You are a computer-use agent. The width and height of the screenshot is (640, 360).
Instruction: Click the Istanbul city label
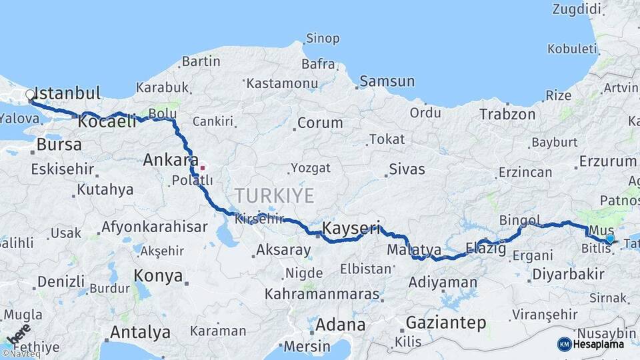[67, 93]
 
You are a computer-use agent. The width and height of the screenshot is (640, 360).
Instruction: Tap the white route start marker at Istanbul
[29, 95]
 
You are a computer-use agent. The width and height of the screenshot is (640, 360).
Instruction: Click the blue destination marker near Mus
[610, 239]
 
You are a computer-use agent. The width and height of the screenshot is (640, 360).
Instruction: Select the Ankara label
[165, 159]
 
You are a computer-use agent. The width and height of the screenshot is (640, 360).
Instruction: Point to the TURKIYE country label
[273, 195]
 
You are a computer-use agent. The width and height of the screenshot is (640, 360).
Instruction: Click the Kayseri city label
[351, 229]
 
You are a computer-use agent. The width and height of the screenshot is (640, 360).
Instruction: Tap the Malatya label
[414, 250]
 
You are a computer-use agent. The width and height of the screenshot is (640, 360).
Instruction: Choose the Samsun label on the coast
[387, 82]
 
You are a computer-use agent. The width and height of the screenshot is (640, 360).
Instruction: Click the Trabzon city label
[507, 115]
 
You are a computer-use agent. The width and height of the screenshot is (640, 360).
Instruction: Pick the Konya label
[158, 275]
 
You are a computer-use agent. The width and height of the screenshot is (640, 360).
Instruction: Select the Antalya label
[140, 332]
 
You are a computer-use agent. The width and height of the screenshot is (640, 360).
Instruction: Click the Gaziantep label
[445, 323]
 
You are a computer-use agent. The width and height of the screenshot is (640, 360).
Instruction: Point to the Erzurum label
[608, 161]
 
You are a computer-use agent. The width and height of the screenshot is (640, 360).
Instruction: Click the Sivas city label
[407, 169]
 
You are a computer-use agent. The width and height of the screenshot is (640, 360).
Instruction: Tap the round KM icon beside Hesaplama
[565, 344]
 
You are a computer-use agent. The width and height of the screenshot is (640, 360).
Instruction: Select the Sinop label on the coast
[323, 39]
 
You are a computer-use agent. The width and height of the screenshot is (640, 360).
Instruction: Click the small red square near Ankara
[202, 167]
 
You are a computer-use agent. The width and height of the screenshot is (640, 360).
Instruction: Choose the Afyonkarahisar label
[155, 227]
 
